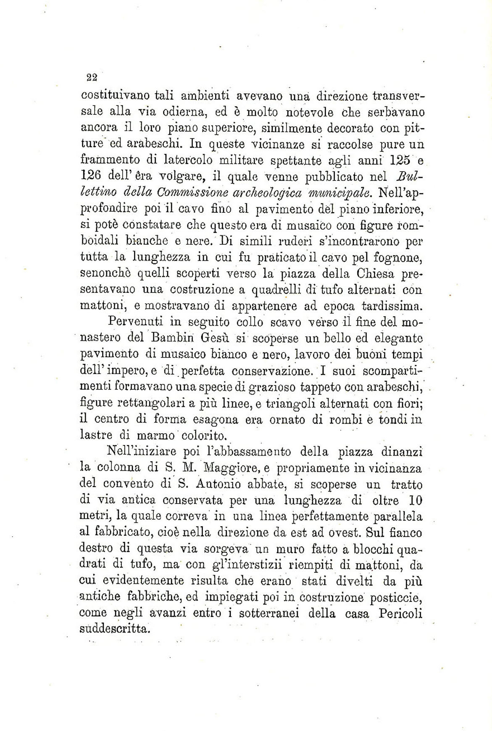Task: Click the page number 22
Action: click(x=92, y=77)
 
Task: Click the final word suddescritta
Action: click(x=114, y=630)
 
